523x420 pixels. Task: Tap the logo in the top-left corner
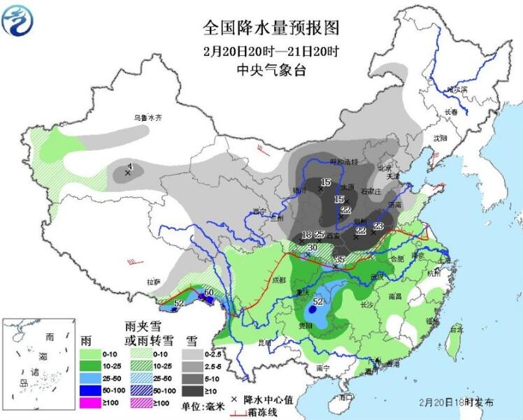(18, 19)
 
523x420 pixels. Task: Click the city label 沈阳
(439, 138)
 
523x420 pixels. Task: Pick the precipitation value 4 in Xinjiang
(129, 166)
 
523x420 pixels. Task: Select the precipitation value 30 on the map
(312, 247)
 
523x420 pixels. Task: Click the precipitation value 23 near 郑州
(378, 226)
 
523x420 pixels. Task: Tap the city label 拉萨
(153, 282)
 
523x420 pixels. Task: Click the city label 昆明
(264, 342)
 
